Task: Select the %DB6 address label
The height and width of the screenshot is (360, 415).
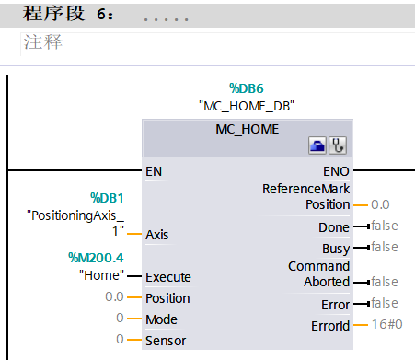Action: pos(247,87)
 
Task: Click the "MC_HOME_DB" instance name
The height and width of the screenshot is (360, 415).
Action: pos(247,105)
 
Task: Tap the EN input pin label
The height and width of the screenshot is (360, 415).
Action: pos(154,170)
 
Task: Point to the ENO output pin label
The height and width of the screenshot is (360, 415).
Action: pos(336,170)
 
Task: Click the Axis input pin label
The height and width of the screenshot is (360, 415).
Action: pos(157,234)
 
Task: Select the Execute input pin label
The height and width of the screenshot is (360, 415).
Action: pos(168,275)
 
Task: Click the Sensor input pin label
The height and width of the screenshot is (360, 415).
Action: pos(166,340)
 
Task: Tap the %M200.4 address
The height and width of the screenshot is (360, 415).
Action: pos(97,257)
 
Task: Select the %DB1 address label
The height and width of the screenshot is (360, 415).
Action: pos(106,197)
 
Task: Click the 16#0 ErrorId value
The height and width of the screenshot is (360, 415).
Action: pos(386,325)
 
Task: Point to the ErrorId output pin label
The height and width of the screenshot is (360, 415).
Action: pos(331,325)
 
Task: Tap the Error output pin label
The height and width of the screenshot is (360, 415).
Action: pos(336,304)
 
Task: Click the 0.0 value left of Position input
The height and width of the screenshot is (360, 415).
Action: pos(115,297)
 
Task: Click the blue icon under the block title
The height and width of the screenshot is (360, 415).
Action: pos(317,145)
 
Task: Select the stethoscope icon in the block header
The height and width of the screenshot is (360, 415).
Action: pos(339,145)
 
